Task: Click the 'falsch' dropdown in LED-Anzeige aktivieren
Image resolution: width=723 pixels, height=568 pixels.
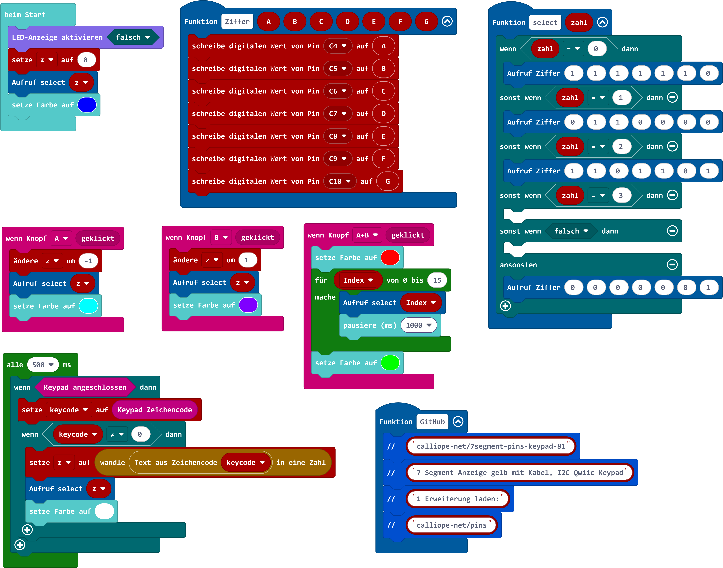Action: point(132,37)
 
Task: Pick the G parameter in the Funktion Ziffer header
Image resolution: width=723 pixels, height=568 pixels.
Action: point(426,22)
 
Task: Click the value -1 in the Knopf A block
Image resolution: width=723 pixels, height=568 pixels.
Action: point(88,261)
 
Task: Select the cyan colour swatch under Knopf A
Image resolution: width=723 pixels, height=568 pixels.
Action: point(88,306)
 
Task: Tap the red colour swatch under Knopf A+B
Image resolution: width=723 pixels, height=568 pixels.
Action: point(390,258)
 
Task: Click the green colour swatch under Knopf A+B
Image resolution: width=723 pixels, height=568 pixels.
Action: point(390,363)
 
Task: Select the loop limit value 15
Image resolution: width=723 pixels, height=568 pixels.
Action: point(437,280)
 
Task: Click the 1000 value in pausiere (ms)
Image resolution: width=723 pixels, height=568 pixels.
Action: point(418,325)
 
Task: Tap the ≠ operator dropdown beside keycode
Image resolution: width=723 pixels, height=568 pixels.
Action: point(117,434)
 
